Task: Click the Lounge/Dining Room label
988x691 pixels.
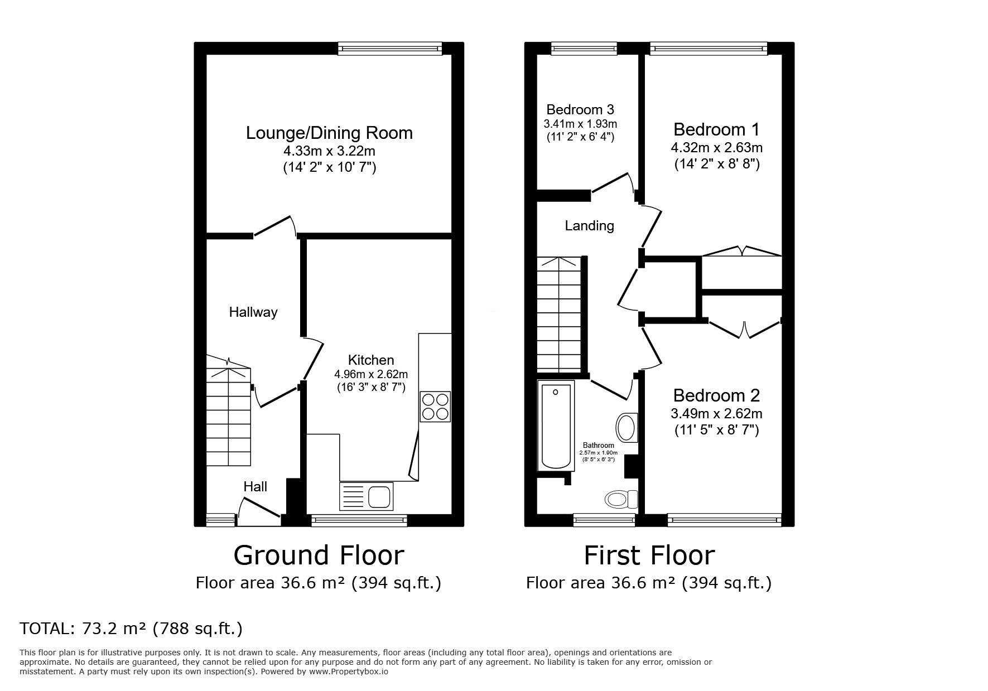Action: pos(329,133)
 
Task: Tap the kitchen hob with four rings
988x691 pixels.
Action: pos(435,407)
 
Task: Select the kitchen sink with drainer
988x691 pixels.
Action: pos(366,496)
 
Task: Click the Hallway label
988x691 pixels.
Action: pos(253,312)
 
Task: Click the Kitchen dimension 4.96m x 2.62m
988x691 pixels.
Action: pos(370,374)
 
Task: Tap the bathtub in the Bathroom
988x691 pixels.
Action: pos(556,426)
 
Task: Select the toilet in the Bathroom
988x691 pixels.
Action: pos(620,498)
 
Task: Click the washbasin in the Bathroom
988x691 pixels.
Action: pos(627,428)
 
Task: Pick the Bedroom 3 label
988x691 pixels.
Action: pos(580,109)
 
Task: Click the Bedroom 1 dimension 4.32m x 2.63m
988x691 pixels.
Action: pos(716,148)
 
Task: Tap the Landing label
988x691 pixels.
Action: pos(589,226)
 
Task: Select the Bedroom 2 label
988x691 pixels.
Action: pos(716,395)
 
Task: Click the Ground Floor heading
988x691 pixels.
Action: pos(318,555)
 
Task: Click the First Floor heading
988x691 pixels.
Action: pos(649,555)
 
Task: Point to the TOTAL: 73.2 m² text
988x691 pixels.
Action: pos(131,629)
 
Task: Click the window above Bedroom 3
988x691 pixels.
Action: pos(584,49)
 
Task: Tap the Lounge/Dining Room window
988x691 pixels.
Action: pos(389,49)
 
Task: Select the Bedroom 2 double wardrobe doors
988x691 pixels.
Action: pos(744,329)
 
